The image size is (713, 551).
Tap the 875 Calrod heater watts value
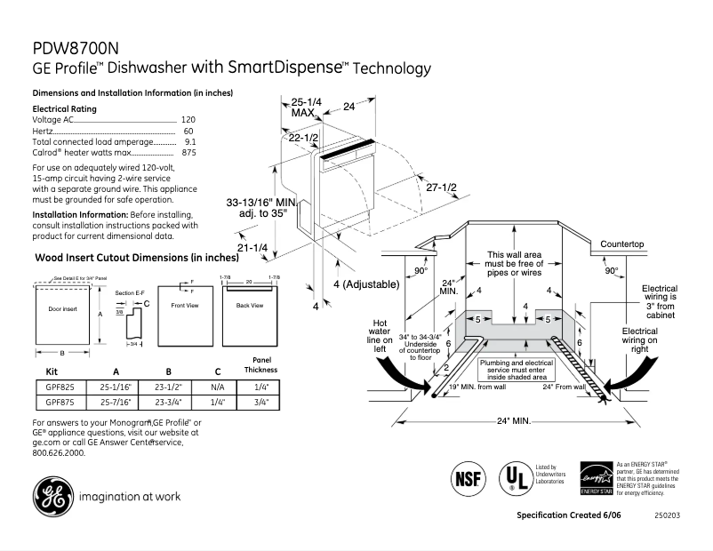point(189,153)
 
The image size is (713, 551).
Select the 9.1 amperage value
point(190,141)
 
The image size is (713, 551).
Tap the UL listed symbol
point(513,476)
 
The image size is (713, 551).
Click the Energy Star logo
point(596,478)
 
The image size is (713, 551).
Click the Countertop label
point(621,244)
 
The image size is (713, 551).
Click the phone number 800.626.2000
point(59,452)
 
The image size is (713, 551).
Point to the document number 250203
point(667,515)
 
